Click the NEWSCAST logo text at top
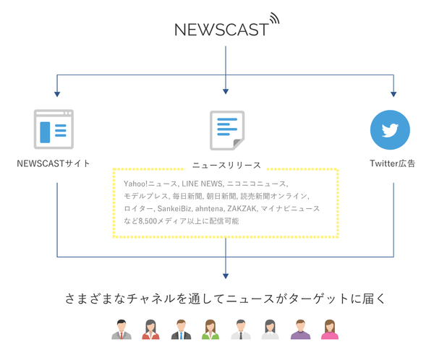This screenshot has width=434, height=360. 221,30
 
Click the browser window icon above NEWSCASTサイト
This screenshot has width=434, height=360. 54,129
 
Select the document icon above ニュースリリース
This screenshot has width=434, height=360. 226,130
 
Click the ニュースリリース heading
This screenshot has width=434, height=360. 226,165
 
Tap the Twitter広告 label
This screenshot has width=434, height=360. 392,163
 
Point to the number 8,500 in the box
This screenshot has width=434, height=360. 150,220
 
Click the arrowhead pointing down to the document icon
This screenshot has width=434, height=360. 226,91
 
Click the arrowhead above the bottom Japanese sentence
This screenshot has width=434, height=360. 226,274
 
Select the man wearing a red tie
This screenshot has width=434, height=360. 122,330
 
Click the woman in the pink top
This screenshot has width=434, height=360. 330,330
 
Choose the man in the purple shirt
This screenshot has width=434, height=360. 299,330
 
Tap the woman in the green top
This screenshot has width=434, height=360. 210,330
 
